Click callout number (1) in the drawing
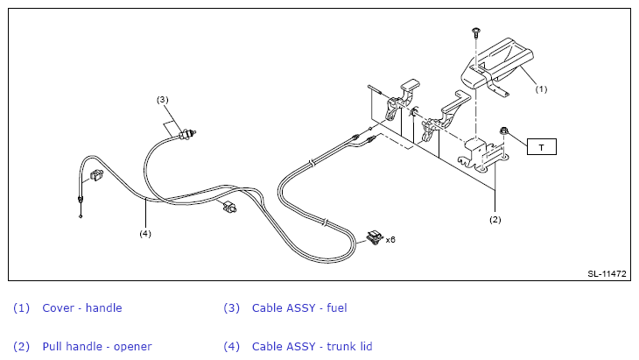coord(541,89)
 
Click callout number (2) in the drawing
coord(495,220)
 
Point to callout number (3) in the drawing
coord(162,100)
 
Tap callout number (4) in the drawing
coord(145,234)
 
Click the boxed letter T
coord(542,147)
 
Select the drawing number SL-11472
coord(607,274)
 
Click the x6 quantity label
coord(390,240)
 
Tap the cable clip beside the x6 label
coord(375,237)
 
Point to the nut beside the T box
coord(504,131)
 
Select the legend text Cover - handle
coord(82,307)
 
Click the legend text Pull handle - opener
coord(97,347)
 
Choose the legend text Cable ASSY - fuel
coord(299,307)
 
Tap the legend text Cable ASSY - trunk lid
coord(312,347)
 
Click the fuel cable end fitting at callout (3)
coord(187,134)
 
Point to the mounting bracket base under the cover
coord(483,157)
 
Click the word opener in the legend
coord(133,348)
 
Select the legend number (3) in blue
coord(231,308)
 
